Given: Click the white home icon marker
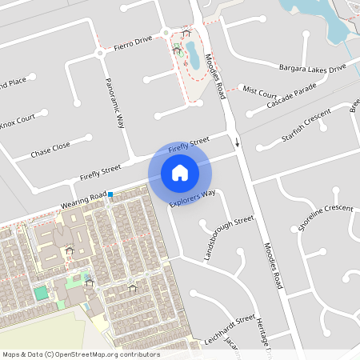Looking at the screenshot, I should tap(180, 173).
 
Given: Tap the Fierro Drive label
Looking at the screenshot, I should tap(133, 42).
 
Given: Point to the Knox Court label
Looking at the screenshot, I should tap(18, 123).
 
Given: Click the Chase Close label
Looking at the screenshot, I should tap(50, 149).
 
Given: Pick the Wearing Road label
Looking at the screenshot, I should tap(83, 201).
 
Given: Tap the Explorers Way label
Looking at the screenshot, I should tap(193, 198).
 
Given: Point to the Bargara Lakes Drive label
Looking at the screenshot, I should tap(312, 66).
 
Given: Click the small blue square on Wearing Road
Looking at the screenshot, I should tap(111, 195).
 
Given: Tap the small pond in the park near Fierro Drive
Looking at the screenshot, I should tap(193, 57).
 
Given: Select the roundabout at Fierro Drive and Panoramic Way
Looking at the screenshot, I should tap(100, 53).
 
